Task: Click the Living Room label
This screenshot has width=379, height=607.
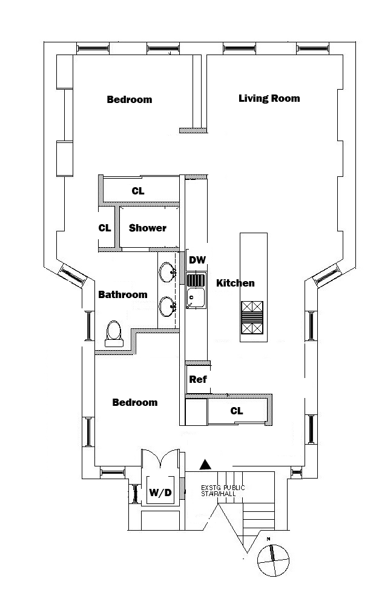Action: (269, 98)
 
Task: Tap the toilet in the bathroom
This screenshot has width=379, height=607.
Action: (113, 334)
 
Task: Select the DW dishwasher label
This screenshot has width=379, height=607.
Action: (197, 260)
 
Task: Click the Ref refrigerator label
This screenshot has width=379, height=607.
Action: (198, 380)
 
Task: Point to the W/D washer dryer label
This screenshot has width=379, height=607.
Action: (160, 494)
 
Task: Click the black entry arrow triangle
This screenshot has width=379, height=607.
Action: (206, 465)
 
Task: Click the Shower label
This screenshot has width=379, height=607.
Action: (148, 228)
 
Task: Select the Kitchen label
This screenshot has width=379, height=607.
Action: (236, 283)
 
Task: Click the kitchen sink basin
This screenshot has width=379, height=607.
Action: (196, 298)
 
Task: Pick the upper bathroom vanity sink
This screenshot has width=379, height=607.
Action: (168, 272)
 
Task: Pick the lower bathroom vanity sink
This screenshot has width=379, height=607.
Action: (168, 306)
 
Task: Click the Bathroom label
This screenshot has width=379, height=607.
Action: (123, 295)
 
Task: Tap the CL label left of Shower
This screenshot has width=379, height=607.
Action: (105, 228)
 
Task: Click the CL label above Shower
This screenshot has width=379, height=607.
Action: (138, 191)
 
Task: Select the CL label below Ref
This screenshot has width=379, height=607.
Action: (237, 411)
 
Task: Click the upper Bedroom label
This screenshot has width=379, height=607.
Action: (130, 99)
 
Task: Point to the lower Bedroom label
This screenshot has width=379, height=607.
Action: (135, 402)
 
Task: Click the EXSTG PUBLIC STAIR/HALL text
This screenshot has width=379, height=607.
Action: (223, 491)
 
